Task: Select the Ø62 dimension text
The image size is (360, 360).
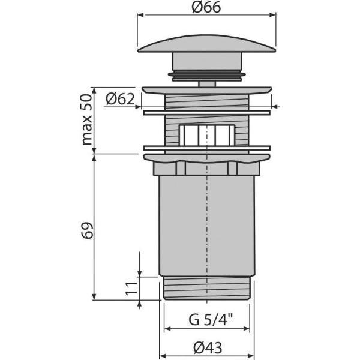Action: (121, 100)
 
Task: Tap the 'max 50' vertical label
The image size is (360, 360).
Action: (88, 119)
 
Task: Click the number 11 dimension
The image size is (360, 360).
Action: (130, 289)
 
